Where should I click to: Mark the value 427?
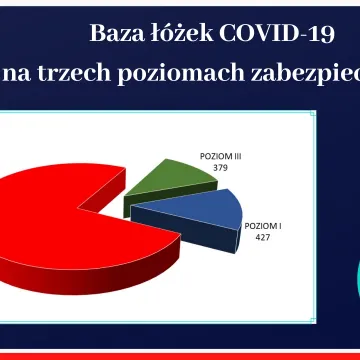click(261, 239)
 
